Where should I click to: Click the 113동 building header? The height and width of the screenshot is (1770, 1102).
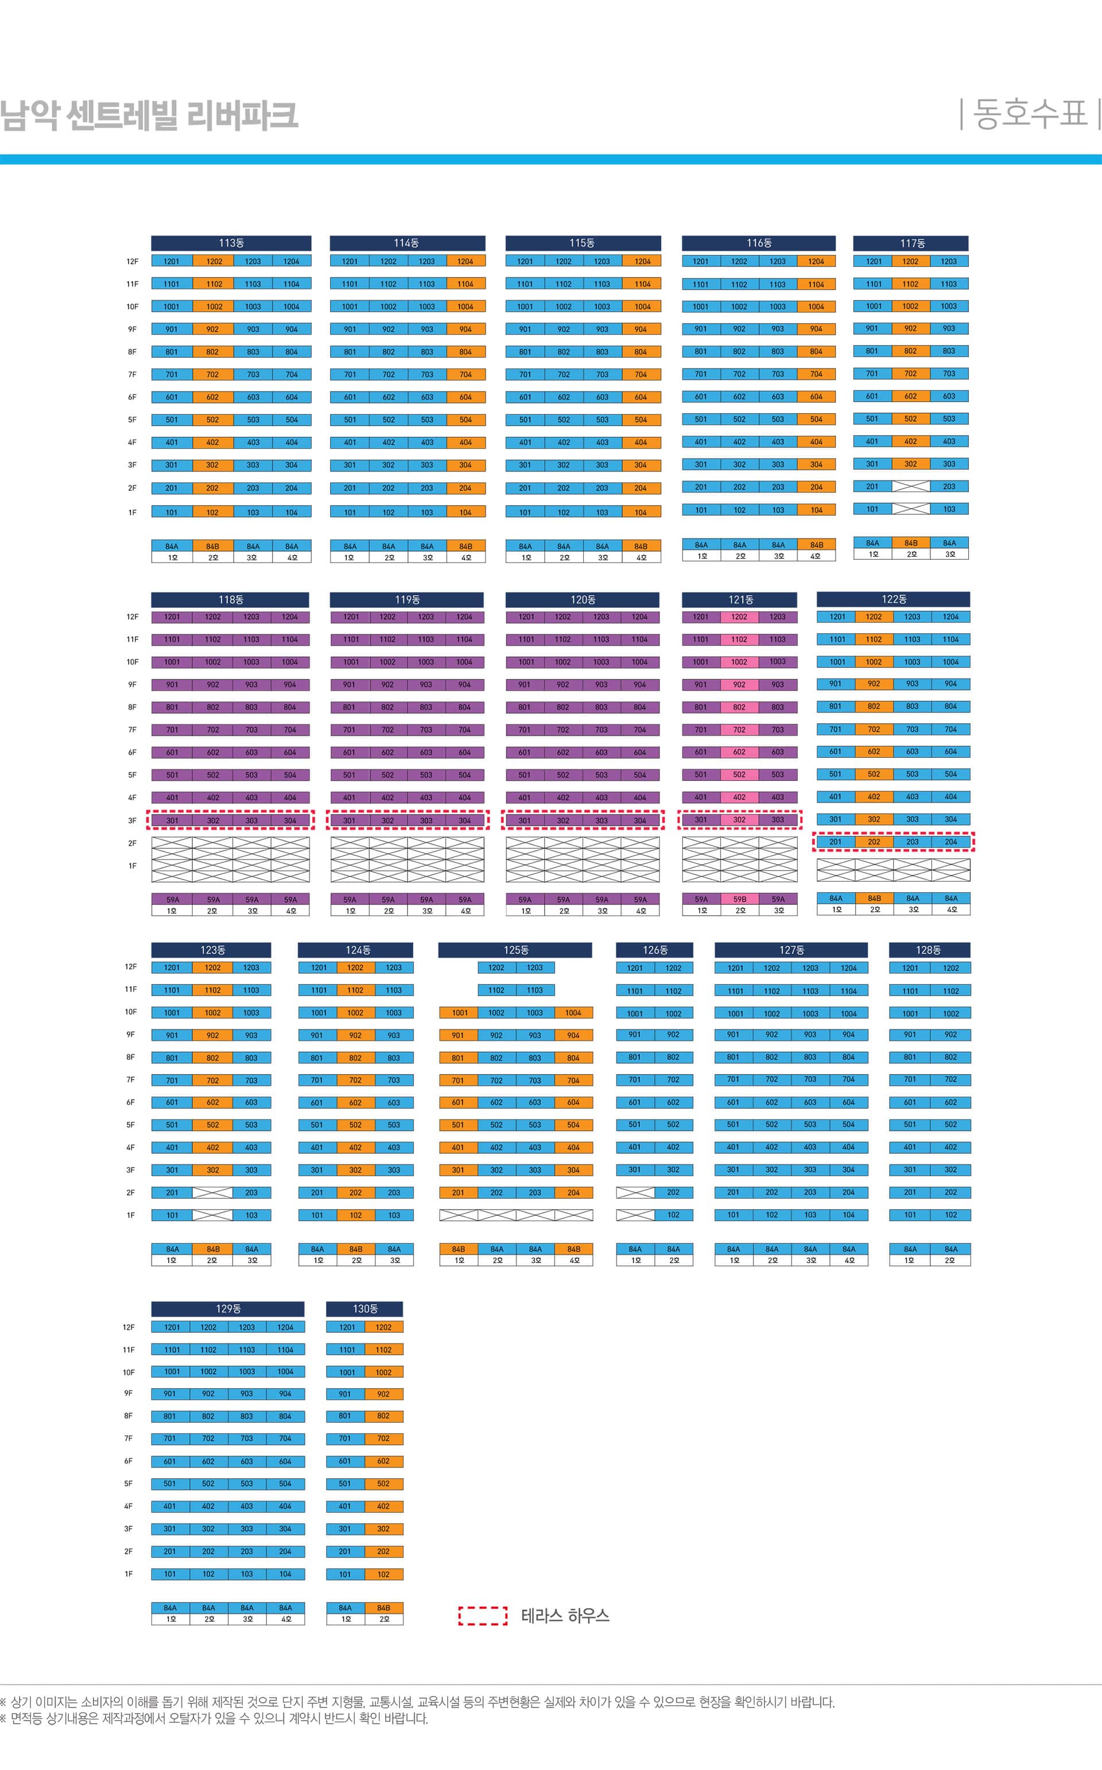click(x=231, y=243)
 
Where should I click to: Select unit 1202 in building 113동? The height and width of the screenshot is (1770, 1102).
click(x=214, y=261)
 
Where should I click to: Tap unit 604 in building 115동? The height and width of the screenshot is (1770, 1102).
click(x=641, y=397)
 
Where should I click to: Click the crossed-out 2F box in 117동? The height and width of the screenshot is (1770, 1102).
click(x=910, y=486)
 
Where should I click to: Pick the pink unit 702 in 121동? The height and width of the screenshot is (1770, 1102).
click(x=739, y=730)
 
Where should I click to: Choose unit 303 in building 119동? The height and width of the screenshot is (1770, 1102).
click(x=426, y=820)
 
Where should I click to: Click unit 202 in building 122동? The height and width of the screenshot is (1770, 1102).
click(x=873, y=842)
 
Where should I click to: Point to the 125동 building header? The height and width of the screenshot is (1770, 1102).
click(x=515, y=950)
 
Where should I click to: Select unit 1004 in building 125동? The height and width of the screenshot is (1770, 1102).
click(x=573, y=1013)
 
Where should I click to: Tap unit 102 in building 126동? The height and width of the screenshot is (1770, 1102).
click(x=673, y=1215)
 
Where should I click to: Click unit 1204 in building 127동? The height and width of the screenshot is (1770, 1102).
click(x=848, y=968)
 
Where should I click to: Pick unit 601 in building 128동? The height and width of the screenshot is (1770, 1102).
click(x=910, y=1102)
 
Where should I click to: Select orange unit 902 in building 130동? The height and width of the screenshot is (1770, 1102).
click(x=383, y=1394)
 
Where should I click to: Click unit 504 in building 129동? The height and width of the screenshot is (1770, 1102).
click(x=285, y=1484)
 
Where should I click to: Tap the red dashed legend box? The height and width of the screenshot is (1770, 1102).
click(x=483, y=1616)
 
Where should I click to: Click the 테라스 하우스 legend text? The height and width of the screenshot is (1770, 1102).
click(x=565, y=1616)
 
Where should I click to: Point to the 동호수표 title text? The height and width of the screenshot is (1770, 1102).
click(x=1029, y=114)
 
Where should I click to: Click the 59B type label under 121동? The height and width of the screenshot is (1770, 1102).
click(x=739, y=900)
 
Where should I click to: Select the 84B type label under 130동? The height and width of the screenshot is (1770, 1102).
click(x=383, y=1608)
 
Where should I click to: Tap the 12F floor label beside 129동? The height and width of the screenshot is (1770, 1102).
click(x=128, y=1327)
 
